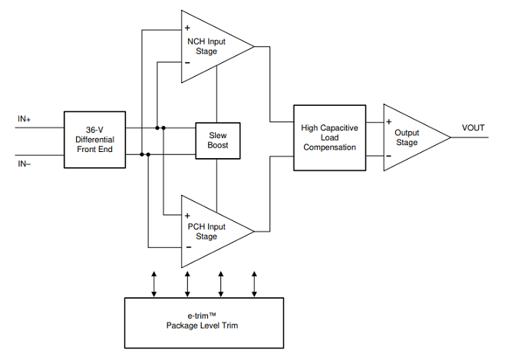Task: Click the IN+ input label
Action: click(24, 119)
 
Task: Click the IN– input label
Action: click(24, 164)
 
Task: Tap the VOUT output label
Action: click(473, 128)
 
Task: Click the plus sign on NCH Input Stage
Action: click(187, 28)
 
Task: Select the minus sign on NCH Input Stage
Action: click(187, 62)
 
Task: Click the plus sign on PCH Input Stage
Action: click(187, 216)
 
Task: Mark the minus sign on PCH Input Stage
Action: click(189, 247)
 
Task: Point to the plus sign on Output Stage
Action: click(389, 122)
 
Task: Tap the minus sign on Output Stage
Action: click(389, 156)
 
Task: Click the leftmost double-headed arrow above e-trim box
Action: click(154, 284)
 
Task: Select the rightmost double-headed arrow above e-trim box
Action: click(254, 284)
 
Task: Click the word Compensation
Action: click(329, 147)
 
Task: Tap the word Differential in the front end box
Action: click(94, 140)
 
